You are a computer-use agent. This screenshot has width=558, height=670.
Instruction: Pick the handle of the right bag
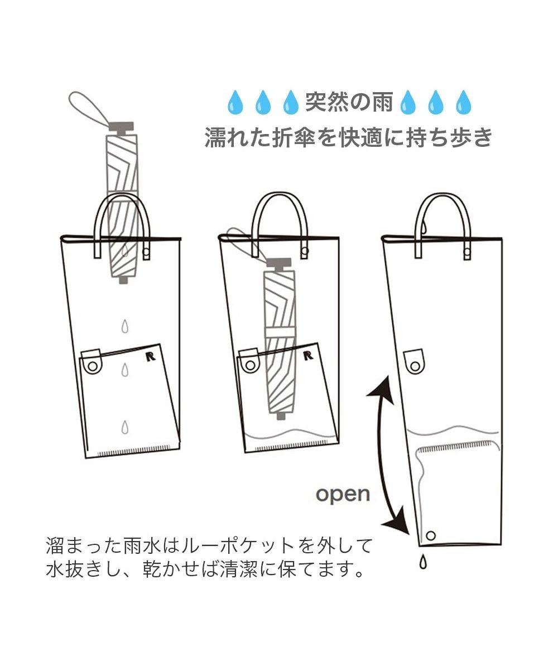tap(443, 207)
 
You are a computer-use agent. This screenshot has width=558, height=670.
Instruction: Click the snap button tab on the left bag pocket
tap(92, 363)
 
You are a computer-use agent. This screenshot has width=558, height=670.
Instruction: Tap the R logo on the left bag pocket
tap(150, 356)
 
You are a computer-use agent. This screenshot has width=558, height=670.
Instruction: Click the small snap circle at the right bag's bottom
tap(430, 535)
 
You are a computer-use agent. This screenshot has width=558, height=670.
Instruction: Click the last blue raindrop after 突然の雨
tap(463, 103)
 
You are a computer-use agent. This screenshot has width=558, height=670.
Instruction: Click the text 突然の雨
tap(349, 103)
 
